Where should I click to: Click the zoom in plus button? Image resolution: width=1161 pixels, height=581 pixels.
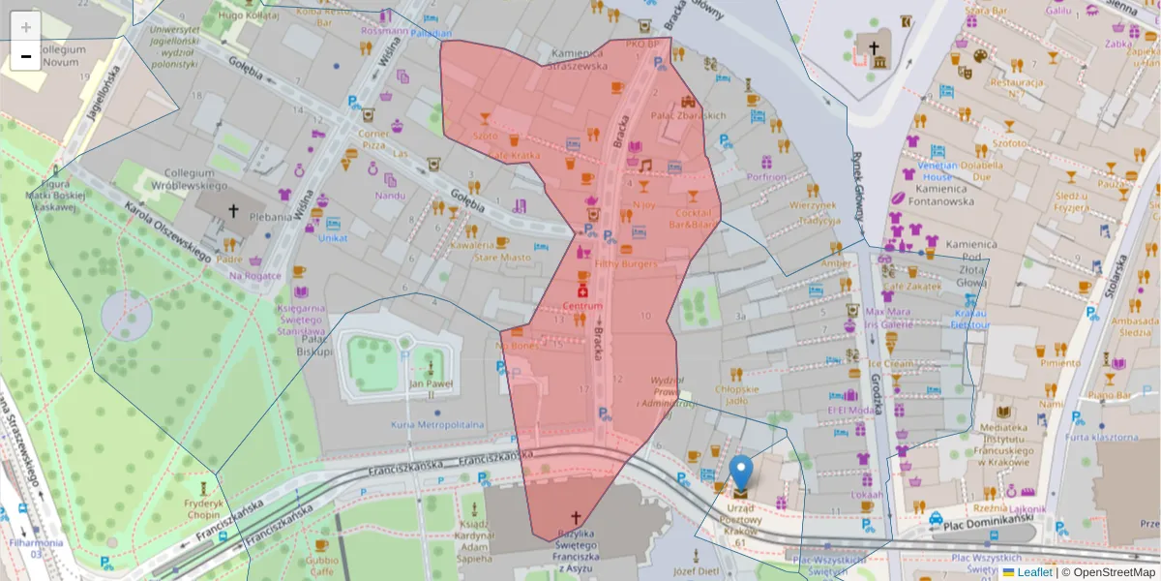click(26, 27)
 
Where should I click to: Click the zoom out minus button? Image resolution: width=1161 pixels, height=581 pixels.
click(26, 56)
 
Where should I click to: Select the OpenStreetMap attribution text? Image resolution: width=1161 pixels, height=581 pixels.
click(1108, 572)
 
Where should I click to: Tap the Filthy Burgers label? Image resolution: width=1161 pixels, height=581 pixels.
click(626, 263)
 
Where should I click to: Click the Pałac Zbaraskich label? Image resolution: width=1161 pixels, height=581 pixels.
click(688, 115)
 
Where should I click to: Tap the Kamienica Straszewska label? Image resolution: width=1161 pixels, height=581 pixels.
click(579, 59)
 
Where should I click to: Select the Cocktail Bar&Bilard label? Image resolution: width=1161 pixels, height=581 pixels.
click(696, 219)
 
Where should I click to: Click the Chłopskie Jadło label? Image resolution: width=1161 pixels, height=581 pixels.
click(737, 394)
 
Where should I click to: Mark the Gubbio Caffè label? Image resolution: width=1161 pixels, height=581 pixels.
click(322, 566)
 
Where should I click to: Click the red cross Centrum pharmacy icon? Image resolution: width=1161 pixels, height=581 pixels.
click(582, 291)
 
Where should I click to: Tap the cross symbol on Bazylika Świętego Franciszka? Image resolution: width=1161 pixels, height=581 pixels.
click(578, 518)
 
